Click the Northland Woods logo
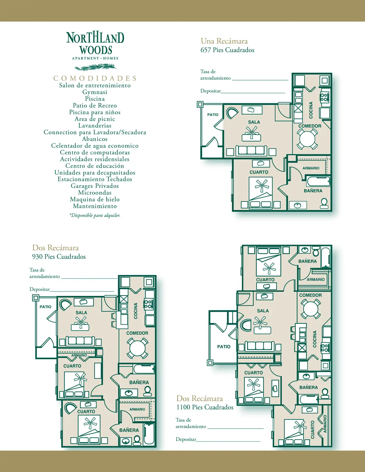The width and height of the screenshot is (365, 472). tap(95, 46)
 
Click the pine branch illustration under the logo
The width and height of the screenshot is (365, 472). tap(95, 67)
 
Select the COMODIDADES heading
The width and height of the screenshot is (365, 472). tap(95, 78)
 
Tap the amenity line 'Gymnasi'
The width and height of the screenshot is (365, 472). tap(95, 92)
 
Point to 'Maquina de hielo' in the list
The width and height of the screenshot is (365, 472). tap(95, 199)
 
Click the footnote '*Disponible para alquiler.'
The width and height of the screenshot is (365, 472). tap(95, 215)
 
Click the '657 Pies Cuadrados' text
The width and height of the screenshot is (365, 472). tap(227, 50)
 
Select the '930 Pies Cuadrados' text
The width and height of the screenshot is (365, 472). tap(59, 257)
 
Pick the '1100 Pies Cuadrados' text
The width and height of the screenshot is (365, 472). tap(205, 407)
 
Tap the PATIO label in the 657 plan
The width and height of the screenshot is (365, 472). tap(213, 115)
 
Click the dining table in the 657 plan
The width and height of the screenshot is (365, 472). tap(308, 139)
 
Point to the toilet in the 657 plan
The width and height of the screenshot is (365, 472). tap(324, 203)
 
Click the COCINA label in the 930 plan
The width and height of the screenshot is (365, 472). tap(136, 311)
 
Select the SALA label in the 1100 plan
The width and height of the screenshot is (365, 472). tap(263, 311)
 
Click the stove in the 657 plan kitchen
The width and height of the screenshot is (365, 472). tap(325, 97)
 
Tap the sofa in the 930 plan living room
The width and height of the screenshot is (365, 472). tap(80, 341)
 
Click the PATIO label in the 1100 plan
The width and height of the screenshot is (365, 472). tap(224, 347)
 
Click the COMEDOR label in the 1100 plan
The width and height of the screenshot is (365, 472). tap(311, 295)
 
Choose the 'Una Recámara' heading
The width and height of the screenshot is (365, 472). tap(224, 41)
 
